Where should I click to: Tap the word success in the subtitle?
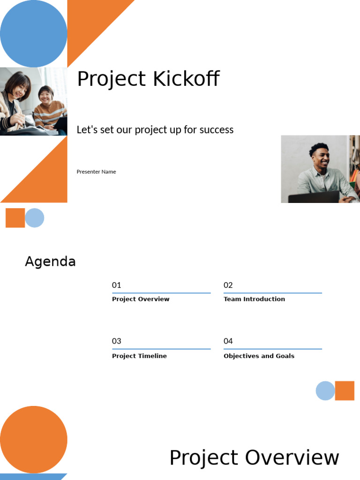(216, 130)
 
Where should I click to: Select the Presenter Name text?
(96, 172)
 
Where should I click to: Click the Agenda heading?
(50, 262)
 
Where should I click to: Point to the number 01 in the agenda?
(116, 285)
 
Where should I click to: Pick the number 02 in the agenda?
(228, 285)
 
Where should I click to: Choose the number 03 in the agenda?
(116, 341)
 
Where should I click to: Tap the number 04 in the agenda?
(228, 341)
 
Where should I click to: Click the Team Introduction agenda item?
(254, 299)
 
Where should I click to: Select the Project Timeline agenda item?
(139, 356)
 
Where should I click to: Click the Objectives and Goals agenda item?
(259, 356)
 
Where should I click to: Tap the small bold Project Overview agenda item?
(141, 299)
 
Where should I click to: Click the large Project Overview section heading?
(254, 457)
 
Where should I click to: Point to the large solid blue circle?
(33, 33)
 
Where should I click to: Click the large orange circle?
(33, 439)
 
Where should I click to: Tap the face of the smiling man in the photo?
(321, 158)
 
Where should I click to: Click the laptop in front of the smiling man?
(313, 197)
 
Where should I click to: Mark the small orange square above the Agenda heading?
(15, 218)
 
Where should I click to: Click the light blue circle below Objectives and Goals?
(325, 391)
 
